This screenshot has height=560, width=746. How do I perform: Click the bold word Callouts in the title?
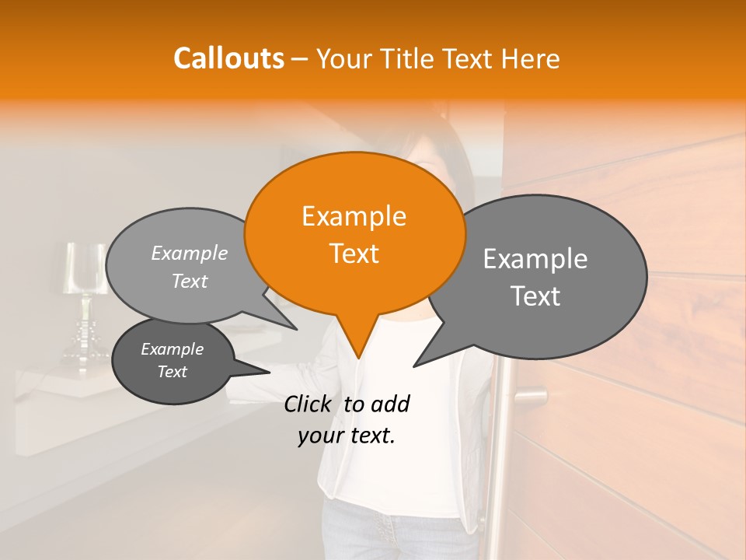228,58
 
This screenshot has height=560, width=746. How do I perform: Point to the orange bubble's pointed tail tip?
358,357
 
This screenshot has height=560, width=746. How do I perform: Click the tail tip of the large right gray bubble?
414,366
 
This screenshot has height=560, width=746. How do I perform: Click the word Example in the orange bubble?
354,216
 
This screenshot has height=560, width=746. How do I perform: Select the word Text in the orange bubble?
354,254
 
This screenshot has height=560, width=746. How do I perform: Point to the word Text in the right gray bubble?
535,296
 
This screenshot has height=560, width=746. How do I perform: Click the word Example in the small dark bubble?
172,349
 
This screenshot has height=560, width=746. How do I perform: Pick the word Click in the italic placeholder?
309,404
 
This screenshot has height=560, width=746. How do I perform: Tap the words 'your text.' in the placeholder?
347,436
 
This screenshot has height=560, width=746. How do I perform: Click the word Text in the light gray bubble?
190,281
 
